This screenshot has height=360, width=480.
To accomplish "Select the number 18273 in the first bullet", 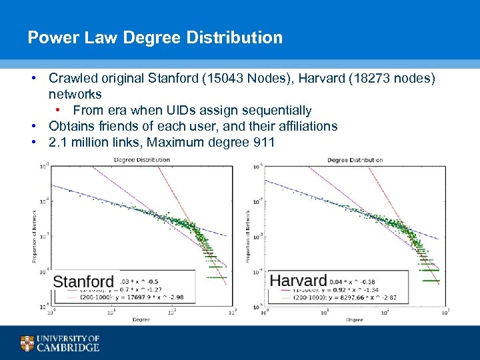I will (346, 79).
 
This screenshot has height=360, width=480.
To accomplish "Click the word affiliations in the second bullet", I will (306, 126).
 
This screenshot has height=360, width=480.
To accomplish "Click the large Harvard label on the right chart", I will (298, 281).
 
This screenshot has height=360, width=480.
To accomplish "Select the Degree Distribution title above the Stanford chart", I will (141, 160).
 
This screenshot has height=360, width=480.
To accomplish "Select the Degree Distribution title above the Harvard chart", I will (355, 160).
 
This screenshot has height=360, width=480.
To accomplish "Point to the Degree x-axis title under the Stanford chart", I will (141, 320).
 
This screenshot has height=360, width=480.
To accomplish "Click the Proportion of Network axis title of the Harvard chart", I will (248, 235).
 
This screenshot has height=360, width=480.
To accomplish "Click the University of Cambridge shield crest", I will (27, 343).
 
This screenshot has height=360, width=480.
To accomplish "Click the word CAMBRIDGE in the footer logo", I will (68, 347).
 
